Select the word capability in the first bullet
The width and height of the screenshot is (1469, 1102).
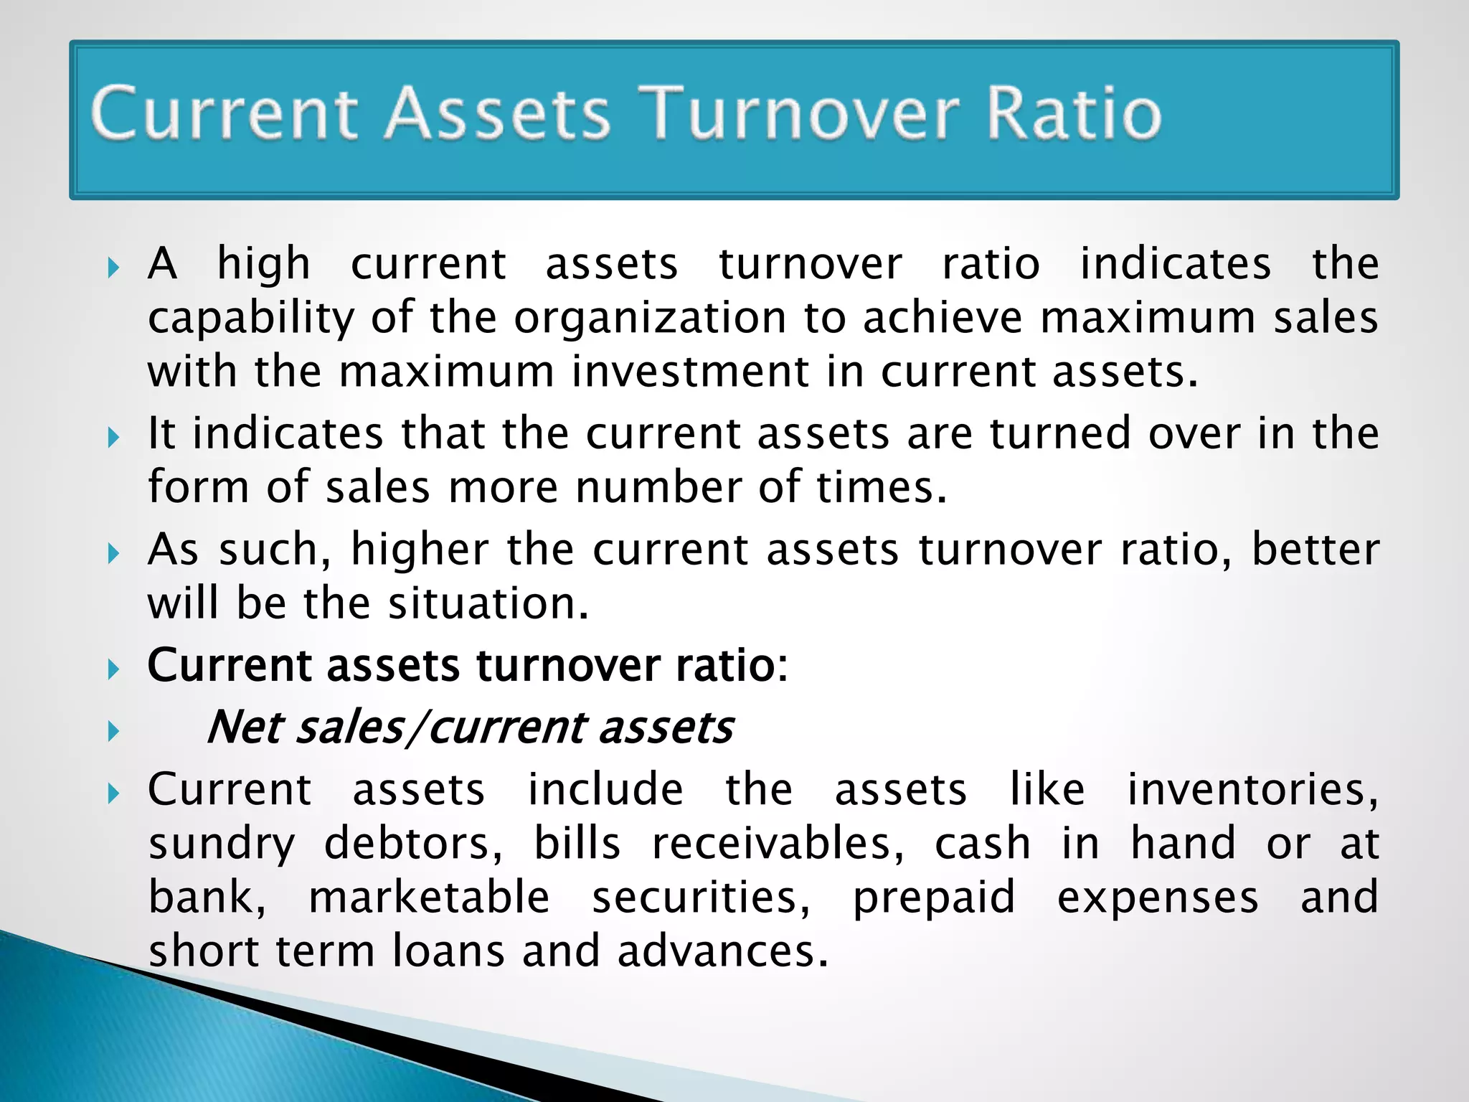(x=250, y=319)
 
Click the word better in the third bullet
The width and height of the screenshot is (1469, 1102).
(x=1315, y=550)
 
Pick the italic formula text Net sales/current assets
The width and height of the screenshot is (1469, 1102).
(x=469, y=727)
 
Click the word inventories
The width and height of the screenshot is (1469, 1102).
(x=1252, y=789)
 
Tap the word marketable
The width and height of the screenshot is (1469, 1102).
(x=429, y=898)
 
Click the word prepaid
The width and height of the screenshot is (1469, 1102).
(x=933, y=898)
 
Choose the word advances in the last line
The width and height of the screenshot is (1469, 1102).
(x=722, y=951)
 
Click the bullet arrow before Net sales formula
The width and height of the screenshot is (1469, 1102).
(x=113, y=732)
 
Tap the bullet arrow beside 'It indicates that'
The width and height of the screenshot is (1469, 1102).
(x=113, y=437)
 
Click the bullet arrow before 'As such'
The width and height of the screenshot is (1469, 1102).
(x=113, y=553)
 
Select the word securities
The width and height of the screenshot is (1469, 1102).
(x=701, y=898)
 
